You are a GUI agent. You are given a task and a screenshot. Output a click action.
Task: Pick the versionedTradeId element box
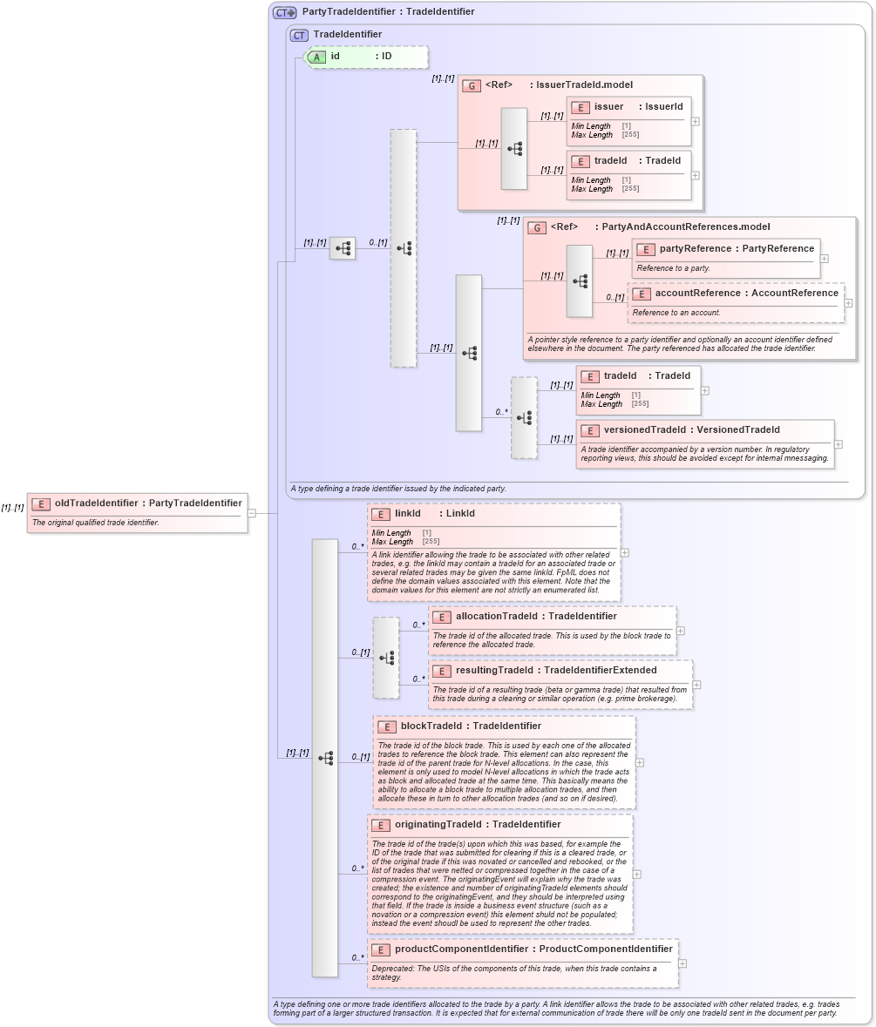pyautogui.click(x=704, y=443)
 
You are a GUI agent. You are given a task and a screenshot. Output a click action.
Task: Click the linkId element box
pyautogui.click(x=493, y=551)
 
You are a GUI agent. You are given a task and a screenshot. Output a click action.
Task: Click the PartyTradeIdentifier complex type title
pyautogui.click(x=388, y=12)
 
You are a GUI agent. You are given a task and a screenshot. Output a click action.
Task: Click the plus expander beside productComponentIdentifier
pyautogui.click(x=682, y=963)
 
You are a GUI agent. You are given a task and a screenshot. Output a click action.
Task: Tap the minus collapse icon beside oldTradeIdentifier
pyautogui.click(x=251, y=513)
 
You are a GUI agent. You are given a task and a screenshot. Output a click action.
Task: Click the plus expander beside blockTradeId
pyautogui.click(x=640, y=762)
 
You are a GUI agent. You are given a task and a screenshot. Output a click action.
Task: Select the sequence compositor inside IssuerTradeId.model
pyautogui.click(x=514, y=149)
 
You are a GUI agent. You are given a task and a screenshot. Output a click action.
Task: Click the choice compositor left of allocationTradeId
pyautogui.click(x=386, y=658)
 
